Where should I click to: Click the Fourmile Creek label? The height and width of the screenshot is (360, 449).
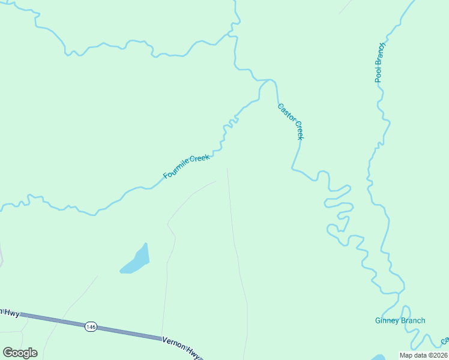click(187, 167)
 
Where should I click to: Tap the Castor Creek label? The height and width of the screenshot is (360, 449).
click(291, 122)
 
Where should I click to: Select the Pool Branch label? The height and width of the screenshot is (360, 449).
click(379, 62)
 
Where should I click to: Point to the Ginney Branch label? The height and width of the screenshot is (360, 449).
click(400, 320)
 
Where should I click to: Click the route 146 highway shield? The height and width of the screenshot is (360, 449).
click(91, 326)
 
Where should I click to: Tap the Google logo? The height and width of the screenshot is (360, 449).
click(20, 353)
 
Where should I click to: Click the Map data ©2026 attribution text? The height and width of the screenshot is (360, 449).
click(423, 355)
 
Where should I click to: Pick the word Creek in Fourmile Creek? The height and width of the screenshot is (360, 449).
click(200, 159)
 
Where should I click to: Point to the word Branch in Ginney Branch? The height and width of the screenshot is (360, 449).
click(413, 320)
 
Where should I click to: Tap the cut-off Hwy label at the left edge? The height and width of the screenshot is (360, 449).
click(10, 313)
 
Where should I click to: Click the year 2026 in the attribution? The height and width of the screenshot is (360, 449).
click(438, 355)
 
